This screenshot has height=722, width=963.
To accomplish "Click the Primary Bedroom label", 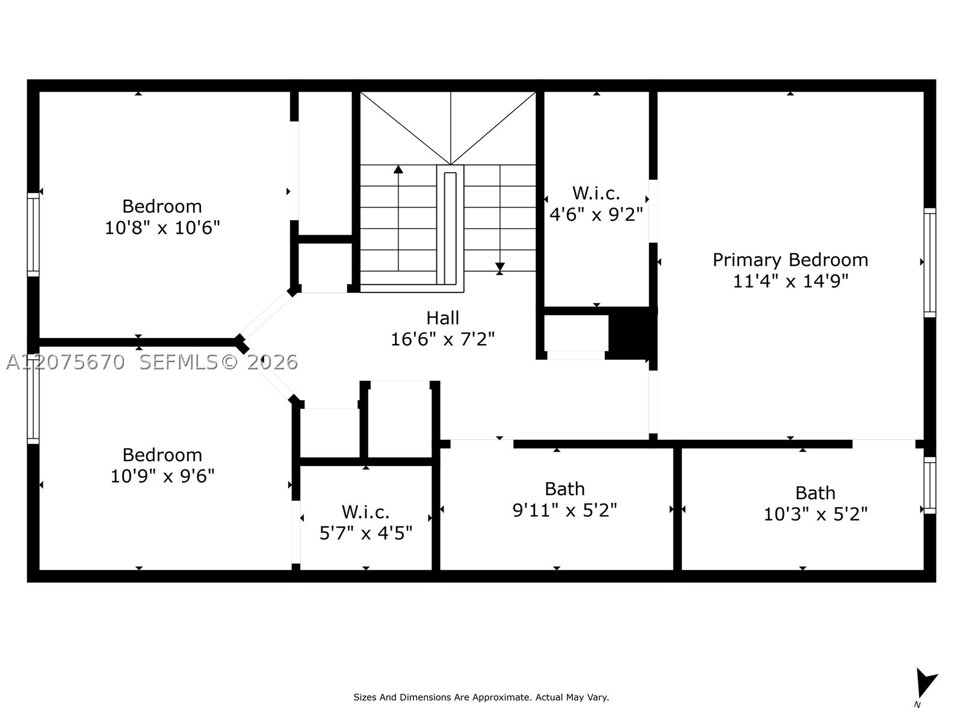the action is coord(790,261).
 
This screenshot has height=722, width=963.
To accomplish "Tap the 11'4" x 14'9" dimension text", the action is coord(791,281).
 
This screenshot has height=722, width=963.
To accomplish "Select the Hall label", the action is coord(442,318).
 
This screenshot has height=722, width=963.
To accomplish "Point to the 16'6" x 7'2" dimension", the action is coord(442,339).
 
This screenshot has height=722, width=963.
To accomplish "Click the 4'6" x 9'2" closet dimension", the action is coord(596,214).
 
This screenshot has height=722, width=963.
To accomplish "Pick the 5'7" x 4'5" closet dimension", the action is coord(366,533).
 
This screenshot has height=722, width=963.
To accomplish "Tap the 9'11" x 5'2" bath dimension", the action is coord(565,510).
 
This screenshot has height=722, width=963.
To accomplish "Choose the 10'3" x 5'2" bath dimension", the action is coord(816,514).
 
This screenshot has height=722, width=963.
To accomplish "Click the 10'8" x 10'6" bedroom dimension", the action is coord(163,227).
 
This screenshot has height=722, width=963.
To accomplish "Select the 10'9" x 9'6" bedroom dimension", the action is coord(163,476).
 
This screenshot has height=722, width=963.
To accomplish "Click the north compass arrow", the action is coord(926,683).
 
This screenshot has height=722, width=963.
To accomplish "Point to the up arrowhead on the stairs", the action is coord(398,169).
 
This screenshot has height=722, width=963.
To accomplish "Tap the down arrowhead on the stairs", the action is coord(500,267).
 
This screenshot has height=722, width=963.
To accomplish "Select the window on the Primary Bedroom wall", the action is coord(930,262).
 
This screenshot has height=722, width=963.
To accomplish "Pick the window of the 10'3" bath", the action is coord(930,486).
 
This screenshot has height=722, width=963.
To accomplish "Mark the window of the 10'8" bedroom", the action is coord(33,235).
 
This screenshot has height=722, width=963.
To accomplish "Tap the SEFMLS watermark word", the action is coord(179,362).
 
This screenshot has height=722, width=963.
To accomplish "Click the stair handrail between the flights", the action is coord(450,229).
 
